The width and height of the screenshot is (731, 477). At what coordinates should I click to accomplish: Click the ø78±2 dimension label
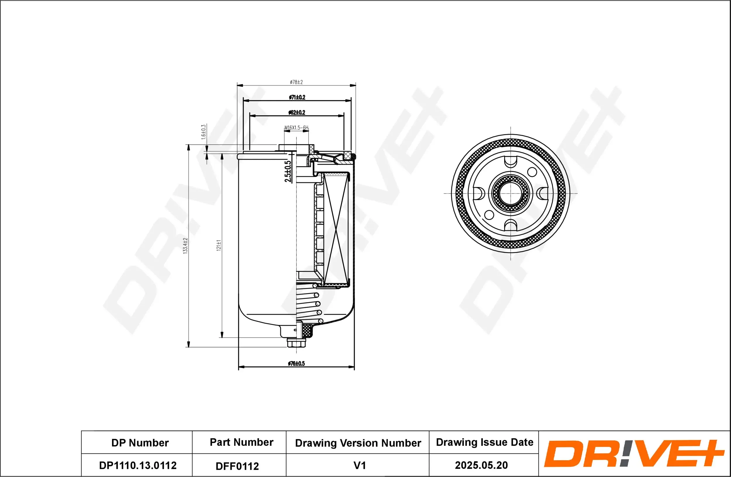point(296,82)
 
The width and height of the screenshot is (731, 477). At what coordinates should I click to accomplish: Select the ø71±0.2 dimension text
point(297,97)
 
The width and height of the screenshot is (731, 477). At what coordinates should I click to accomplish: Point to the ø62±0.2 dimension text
point(297,112)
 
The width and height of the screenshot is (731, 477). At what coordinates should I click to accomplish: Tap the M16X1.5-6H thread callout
point(296,128)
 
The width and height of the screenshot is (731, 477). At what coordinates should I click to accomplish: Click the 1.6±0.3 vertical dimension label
point(203,132)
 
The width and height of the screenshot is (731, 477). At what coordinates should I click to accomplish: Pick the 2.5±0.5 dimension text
point(288,171)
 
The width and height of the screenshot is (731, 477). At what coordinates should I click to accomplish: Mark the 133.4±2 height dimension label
point(185,245)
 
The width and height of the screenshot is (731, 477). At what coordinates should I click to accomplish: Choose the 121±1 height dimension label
point(219,245)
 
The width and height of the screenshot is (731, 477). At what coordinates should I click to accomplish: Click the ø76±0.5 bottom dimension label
point(296,363)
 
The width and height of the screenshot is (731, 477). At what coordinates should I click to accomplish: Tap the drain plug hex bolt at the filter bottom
point(297,343)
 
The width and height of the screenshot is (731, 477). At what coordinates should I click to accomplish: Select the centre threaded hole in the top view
point(511,194)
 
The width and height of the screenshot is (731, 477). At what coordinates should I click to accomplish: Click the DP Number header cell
point(140,443)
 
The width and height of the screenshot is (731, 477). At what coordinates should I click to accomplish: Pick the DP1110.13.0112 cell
point(138,465)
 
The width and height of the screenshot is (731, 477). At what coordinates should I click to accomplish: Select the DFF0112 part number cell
point(237,466)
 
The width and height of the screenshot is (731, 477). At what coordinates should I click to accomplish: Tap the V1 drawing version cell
point(360,465)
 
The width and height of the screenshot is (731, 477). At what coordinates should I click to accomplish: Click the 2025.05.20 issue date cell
point(481,465)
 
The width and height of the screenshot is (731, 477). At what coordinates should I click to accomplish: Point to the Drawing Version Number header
point(358,443)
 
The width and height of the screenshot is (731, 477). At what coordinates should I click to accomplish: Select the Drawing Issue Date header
point(485,442)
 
